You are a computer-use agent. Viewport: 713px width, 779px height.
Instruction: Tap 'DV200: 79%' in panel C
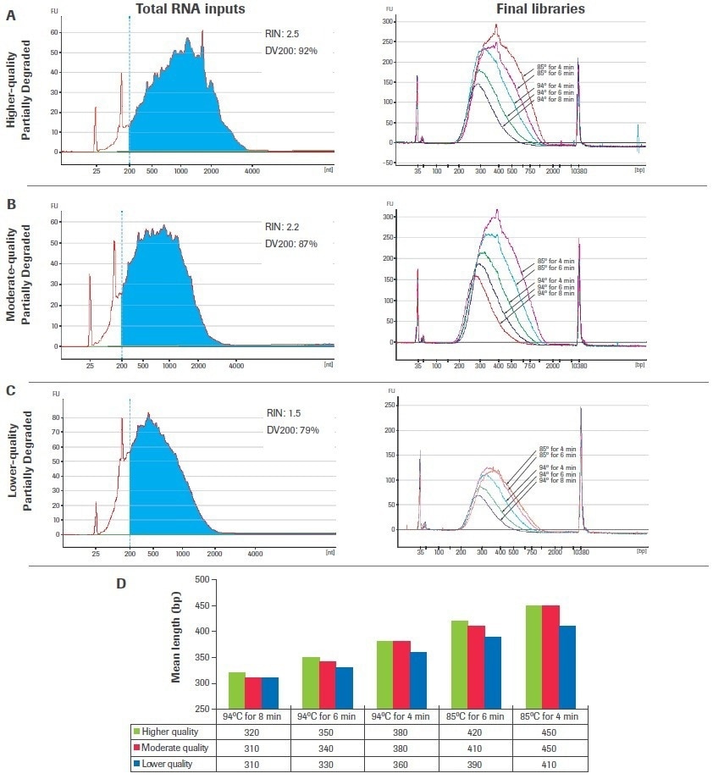tap(293, 429)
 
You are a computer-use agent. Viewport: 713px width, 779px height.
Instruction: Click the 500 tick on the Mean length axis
tap(202, 579)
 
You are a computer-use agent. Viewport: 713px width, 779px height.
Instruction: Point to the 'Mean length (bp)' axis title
tap(178, 644)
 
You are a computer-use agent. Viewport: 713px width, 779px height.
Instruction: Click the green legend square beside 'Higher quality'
tap(138, 732)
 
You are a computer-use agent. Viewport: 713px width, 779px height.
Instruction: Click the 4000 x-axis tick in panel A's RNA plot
tap(251, 170)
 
